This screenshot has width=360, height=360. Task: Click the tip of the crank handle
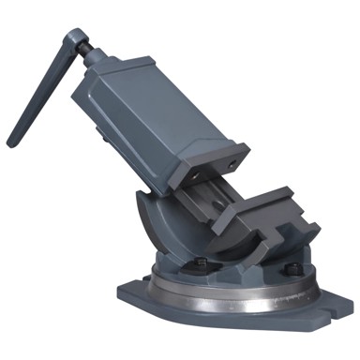pos(12,142)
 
